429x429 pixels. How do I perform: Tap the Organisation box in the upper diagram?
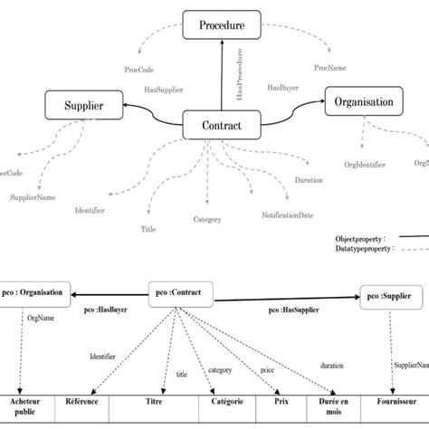(359, 102)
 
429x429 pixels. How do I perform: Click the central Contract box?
(223, 127)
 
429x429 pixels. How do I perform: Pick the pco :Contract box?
(181, 292)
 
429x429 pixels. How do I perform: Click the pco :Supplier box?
(392, 294)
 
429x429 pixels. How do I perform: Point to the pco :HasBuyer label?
(101, 310)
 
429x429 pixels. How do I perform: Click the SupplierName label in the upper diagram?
(33, 196)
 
